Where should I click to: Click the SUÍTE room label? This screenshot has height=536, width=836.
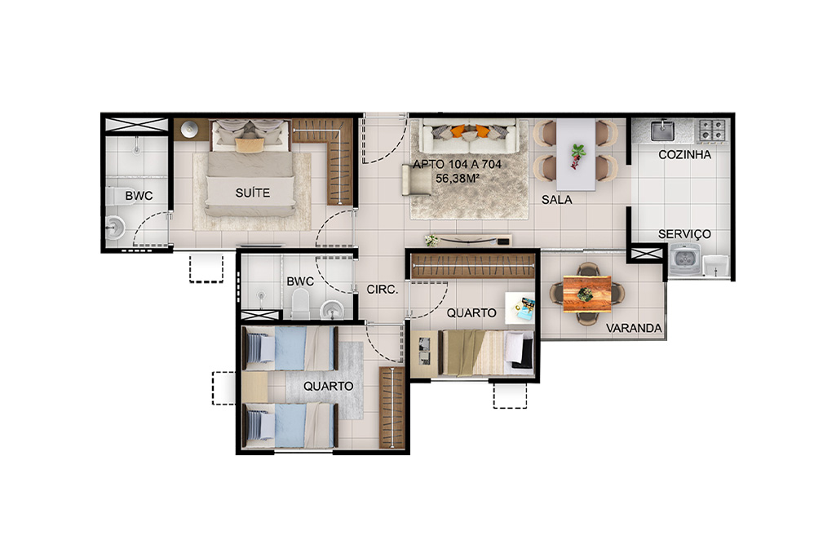[253, 193]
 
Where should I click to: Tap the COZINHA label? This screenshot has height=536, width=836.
[684, 155]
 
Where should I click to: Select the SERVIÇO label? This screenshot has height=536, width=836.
[684, 233]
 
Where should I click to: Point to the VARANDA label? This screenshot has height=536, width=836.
[634, 328]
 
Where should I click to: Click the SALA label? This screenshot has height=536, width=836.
[556, 199]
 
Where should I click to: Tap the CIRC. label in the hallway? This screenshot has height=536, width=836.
[383, 289]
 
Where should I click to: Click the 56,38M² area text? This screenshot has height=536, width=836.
[457, 178]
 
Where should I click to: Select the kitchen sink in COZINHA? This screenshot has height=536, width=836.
[663, 131]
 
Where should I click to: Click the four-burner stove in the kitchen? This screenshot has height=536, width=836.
[712, 131]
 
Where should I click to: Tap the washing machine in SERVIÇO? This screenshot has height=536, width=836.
[684, 259]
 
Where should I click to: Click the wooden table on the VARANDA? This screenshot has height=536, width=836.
[586, 294]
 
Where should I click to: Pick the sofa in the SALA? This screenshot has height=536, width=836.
[469, 136]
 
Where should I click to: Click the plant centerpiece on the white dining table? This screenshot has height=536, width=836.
[577, 155]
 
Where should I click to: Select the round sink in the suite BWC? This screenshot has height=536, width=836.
[115, 228]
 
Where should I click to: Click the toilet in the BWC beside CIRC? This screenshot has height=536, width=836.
[300, 303]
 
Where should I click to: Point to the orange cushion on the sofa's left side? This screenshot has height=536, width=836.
[458, 131]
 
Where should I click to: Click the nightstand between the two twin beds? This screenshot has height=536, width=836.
[254, 387]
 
